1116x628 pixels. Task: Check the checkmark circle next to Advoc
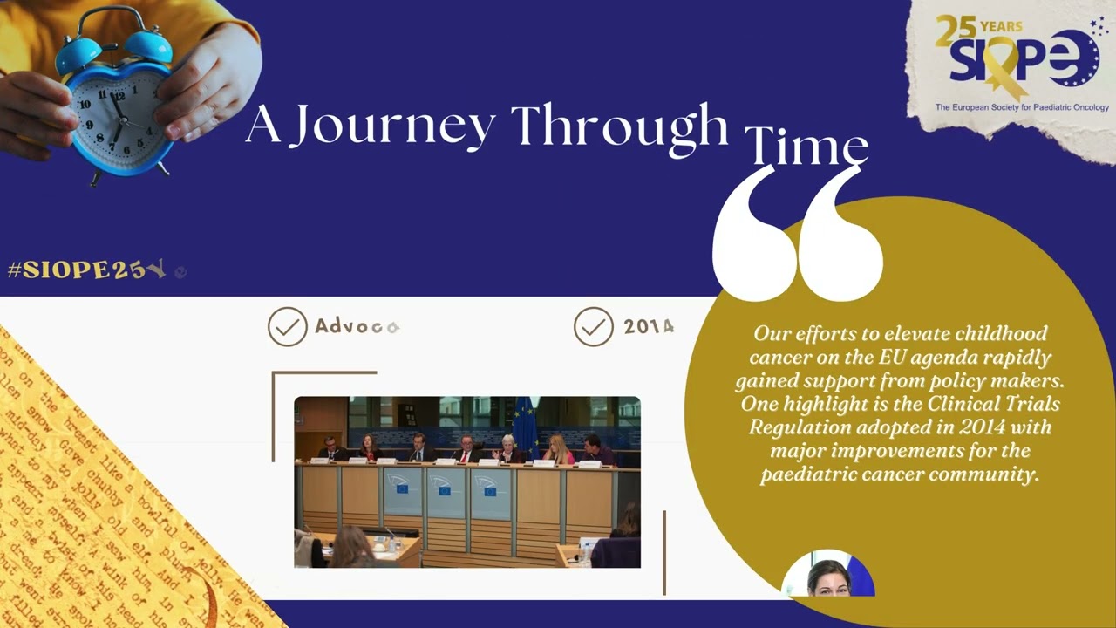click(288, 327)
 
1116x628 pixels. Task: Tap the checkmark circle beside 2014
click(594, 327)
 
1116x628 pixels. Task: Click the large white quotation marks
click(797, 231)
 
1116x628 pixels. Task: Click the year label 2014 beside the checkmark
click(649, 327)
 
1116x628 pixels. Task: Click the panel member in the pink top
click(558, 450)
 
